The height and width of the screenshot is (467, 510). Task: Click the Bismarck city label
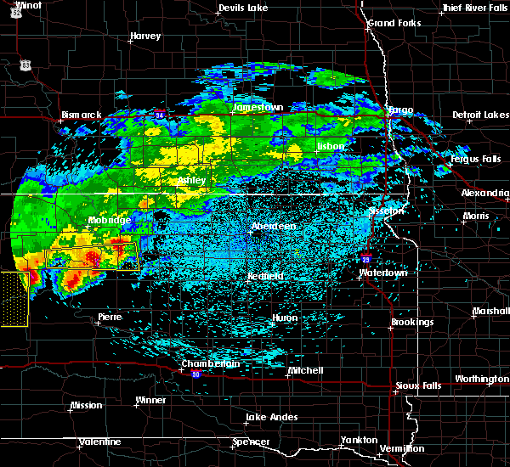[82, 115]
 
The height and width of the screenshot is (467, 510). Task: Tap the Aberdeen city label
[273, 227]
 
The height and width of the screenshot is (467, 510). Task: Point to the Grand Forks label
[392, 22]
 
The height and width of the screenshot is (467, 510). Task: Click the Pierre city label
[110, 317]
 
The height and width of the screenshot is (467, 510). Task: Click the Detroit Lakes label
[480, 115]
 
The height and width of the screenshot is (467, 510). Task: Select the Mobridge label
[110, 220]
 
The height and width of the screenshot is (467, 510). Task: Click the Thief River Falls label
[474, 8]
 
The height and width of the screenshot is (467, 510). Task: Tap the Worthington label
[481, 379]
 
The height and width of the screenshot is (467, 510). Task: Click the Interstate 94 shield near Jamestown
[160, 114]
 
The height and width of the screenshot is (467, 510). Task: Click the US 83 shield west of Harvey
[27, 65]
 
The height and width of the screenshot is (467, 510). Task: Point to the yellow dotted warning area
[14, 299]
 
